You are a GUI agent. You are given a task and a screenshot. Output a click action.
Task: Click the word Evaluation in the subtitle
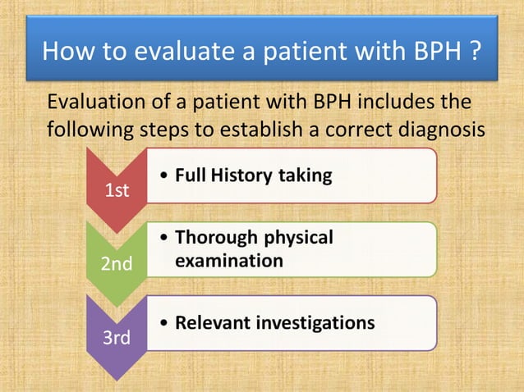93,104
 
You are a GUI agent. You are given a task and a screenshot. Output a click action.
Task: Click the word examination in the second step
228,261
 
